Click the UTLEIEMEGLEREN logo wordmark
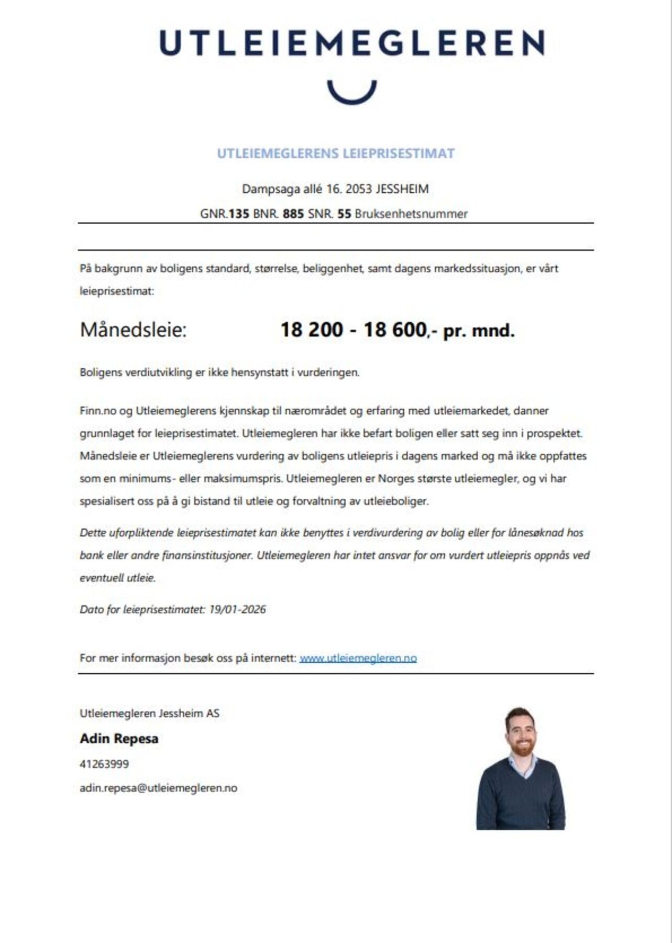pyautogui.click(x=352, y=43)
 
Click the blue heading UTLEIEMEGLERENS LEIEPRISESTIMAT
pyautogui.click(x=336, y=153)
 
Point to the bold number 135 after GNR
pyautogui.click(x=239, y=214)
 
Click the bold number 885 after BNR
pyautogui.click(x=293, y=214)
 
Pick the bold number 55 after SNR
pyautogui.click(x=344, y=214)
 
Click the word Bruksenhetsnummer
pyautogui.click(x=411, y=214)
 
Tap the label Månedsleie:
pyautogui.click(x=133, y=330)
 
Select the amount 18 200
pyautogui.click(x=312, y=330)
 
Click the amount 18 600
pyautogui.click(x=394, y=330)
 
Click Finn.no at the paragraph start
pyautogui.click(x=97, y=411)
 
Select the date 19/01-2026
pyautogui.click(x=237, y=609)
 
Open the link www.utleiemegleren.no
pyautogui.click(x=358, y=658)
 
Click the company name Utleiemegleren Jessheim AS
pyautogui.click(x=149, y=713)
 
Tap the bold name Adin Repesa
pyautogui.click(x=119, y=739)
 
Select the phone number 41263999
pyautogui.click(x=104, y=764)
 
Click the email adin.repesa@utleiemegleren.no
pyautogui.click(x=158, y=788)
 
